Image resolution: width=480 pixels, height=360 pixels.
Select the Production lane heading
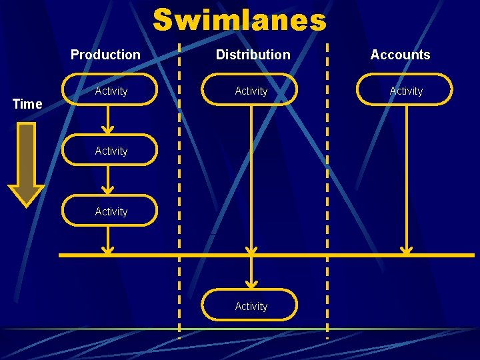(105, 55)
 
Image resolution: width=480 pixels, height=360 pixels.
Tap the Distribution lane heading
(253, 55)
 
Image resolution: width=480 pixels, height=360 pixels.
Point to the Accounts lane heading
(400, 55)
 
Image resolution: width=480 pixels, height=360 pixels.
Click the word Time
(27, 104)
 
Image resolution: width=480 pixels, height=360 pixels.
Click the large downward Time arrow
(26, 163)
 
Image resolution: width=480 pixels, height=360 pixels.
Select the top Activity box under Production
(110, 90)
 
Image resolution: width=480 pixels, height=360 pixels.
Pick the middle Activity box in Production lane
(110, 151)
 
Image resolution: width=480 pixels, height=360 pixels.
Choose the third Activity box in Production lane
(110, 211)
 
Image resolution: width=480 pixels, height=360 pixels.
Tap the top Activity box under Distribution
(250, 90)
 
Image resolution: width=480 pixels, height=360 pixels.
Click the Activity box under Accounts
(405, 90)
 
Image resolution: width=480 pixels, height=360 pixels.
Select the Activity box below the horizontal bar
(250, 305)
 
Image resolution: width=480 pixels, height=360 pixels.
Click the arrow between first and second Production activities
(107, 121)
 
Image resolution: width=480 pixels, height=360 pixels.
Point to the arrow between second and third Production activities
(107, 181)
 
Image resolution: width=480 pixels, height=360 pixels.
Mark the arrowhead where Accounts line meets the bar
(406, 250)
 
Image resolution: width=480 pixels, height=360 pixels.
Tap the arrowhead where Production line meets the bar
(107, 250)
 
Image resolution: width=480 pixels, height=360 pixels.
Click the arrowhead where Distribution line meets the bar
(251, 250)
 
